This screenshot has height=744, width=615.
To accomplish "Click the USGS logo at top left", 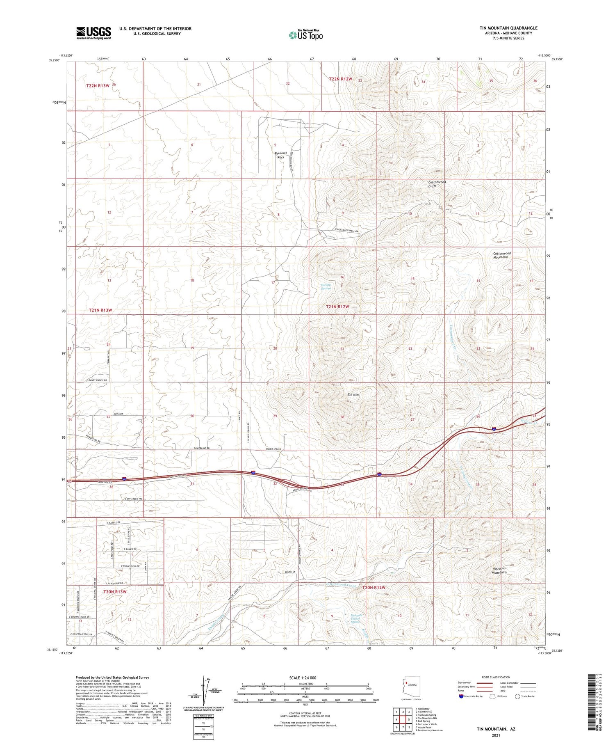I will [x=93, y=33].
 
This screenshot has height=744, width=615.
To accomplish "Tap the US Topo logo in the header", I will [x=306, y=35].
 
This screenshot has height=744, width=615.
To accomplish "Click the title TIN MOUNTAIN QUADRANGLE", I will [x=508, y=28].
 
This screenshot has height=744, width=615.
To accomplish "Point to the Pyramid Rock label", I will [x=280, y=155].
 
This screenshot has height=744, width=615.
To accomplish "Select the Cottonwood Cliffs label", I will [x=437, y=184].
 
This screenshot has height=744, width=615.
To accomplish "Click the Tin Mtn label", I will [x=353, y=394].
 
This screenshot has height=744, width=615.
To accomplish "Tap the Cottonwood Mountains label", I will [x=501, y=255].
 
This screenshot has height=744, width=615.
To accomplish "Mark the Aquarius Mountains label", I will [x=499, y=570].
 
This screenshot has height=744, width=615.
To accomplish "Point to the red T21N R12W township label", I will [x=337, y=307].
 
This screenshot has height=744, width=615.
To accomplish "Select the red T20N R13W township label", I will [x=114, y=592].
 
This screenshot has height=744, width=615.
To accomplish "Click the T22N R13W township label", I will [x=98, y=85].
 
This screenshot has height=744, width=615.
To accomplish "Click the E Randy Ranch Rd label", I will [x=97, y=380].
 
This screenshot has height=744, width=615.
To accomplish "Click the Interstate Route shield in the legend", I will [x=461, y=696].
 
